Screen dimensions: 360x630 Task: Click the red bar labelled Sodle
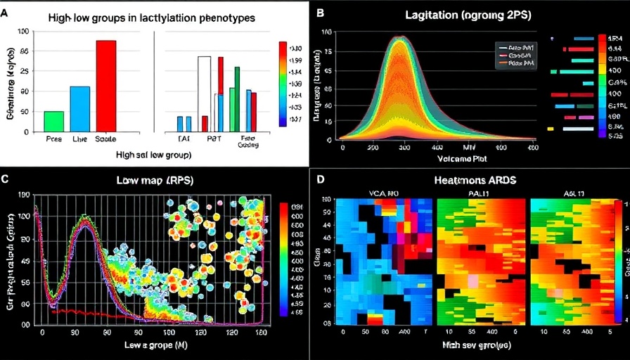(x=105, y=86)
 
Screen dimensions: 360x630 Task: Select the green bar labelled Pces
(x=53, y=121)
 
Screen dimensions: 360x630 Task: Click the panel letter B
(x=321, y=12)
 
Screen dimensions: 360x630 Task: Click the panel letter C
(x=6, y=179)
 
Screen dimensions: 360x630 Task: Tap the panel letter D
(x=321, y=180)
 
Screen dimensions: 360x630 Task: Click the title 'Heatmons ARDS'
(x=475, y=181)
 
